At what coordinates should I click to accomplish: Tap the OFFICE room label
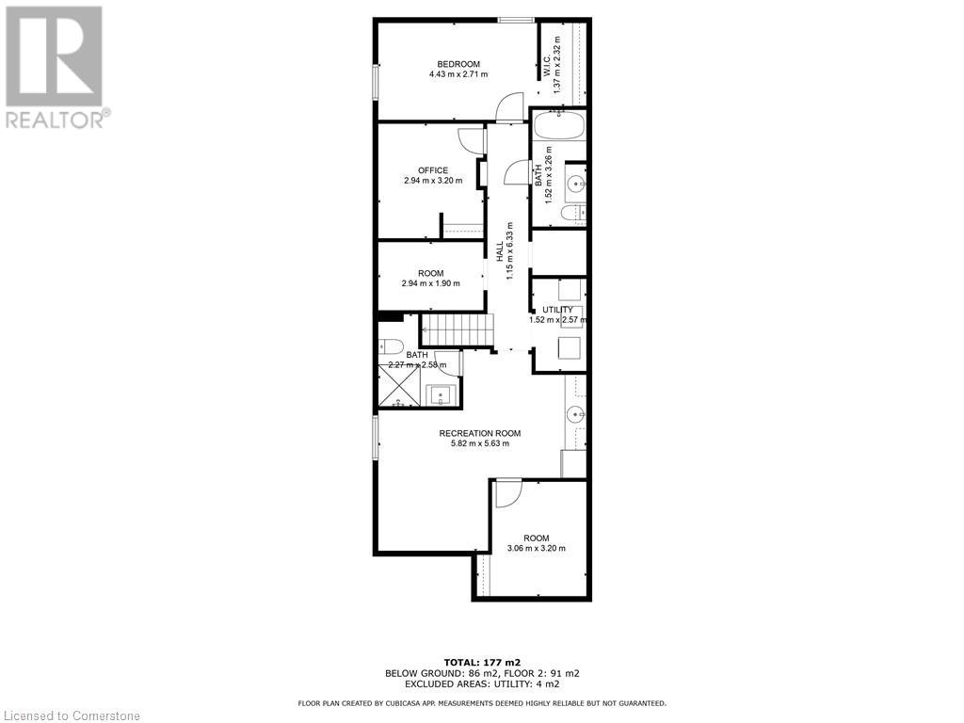coord(433,170)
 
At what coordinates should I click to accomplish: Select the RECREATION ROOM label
coord(480,433)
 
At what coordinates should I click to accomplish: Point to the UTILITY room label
coord(557,310)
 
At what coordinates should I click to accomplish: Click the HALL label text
coord(500,251)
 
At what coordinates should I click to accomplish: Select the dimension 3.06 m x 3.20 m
coord(537,549)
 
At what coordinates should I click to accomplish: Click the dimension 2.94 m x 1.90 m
coord(431,283)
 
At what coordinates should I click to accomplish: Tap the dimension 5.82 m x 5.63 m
coord(480,443)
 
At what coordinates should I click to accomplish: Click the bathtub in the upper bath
coord(557,126)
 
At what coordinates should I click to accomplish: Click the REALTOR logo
coord(55,66)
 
